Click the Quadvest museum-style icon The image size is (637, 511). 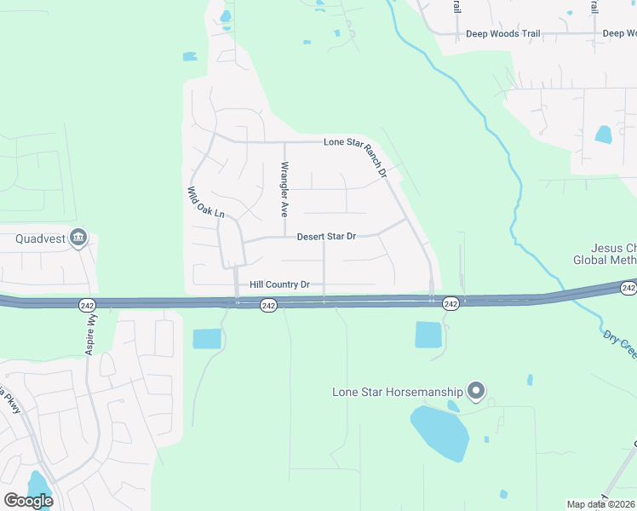pos(78,238)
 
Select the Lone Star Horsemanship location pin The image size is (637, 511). pos(477,392)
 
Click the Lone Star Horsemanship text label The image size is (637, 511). pos(398,393)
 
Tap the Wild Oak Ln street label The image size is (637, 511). pos(205,202)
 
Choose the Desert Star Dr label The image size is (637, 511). pos(325,237)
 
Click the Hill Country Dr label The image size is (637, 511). pos(279,284)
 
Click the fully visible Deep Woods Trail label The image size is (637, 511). pos(503,34)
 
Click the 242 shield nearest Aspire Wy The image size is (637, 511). pos(89,304)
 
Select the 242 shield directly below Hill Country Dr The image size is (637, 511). pos(267,305)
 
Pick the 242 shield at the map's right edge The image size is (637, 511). pos(628,289)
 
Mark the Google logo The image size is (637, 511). pos(28,501)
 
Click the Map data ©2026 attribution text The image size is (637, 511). pos(600,504)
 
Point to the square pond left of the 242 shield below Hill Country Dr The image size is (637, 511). pos(206,338)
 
